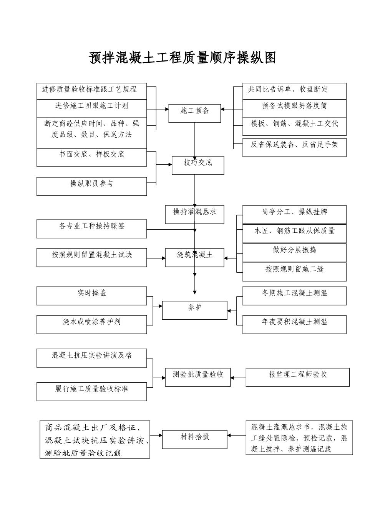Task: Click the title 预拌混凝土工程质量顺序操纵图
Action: (182, 58)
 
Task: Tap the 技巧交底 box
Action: (198, 165)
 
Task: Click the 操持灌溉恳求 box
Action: (195, 214)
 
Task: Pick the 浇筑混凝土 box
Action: (195, 257)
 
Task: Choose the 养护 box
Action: (195, 310)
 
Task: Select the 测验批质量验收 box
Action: (198, 377)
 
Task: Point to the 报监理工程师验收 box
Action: (298, 377)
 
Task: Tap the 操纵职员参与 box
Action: (92, 186)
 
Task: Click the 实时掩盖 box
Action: (92, 296)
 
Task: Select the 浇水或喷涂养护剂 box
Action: (92, 324)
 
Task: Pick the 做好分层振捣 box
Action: (294, 252)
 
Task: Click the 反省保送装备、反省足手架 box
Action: (294, 147)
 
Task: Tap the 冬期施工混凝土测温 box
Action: (294, 296)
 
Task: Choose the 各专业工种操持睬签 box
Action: (92, 229)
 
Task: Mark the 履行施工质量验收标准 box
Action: (92, 392)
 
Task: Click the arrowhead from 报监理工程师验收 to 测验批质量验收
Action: (233, 378)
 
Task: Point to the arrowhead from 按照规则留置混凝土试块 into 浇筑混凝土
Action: (163, 258)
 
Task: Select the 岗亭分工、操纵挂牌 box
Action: (294, 214)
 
